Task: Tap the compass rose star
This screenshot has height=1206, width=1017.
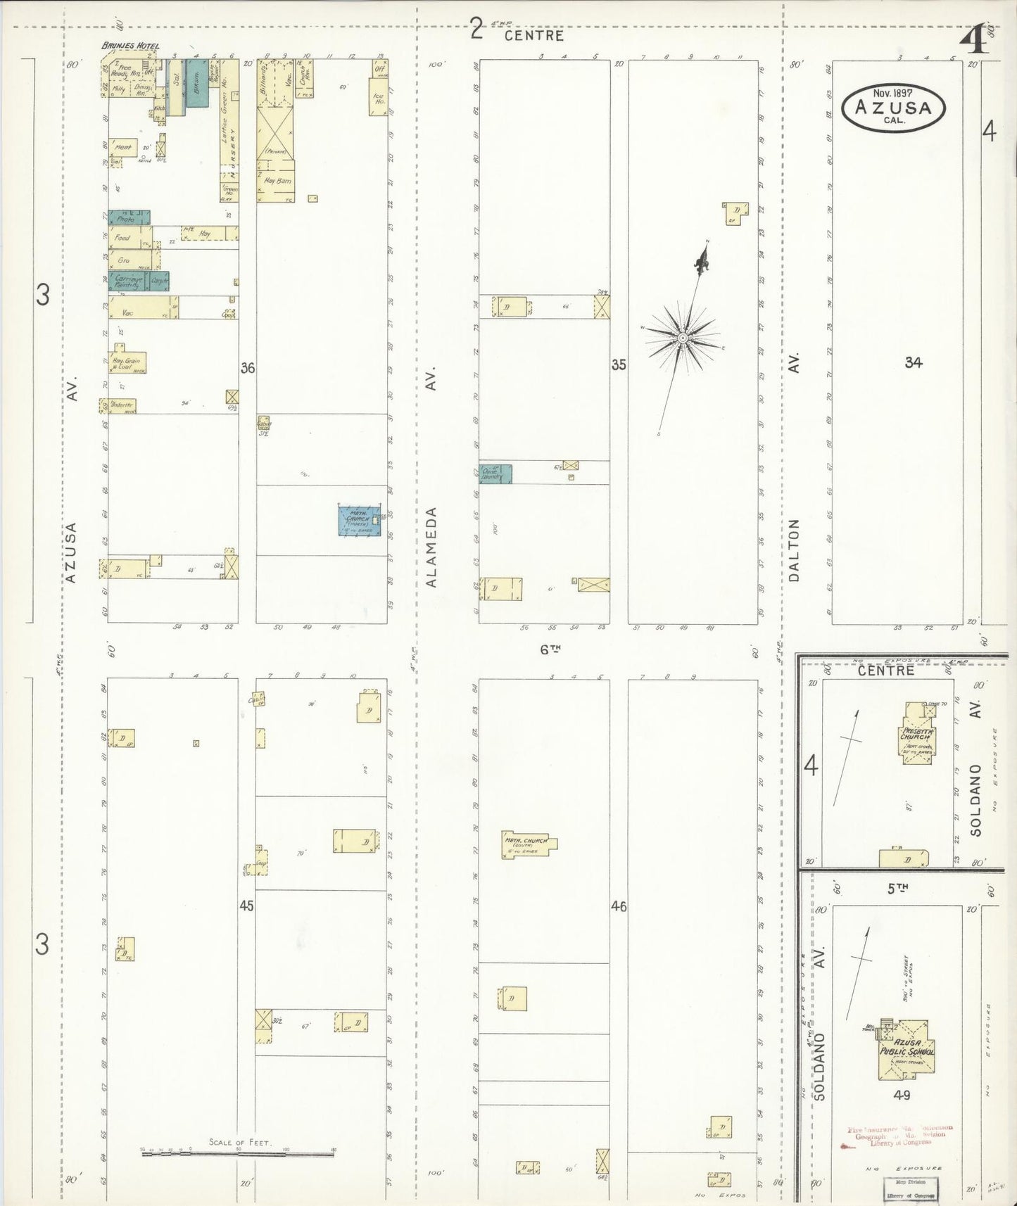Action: pos(682,338)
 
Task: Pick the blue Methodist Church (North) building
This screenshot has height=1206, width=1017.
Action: pos(360,521)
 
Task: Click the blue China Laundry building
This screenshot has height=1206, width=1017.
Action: pos(495,474)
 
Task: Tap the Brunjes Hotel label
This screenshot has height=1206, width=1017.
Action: pos(130,46)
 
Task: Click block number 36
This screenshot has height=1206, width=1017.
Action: pos(247,367)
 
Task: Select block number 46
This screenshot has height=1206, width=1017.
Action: pos(619,907)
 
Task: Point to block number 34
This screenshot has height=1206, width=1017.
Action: pos(914,362)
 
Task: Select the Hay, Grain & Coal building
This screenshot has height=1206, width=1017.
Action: pos(127,362)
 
